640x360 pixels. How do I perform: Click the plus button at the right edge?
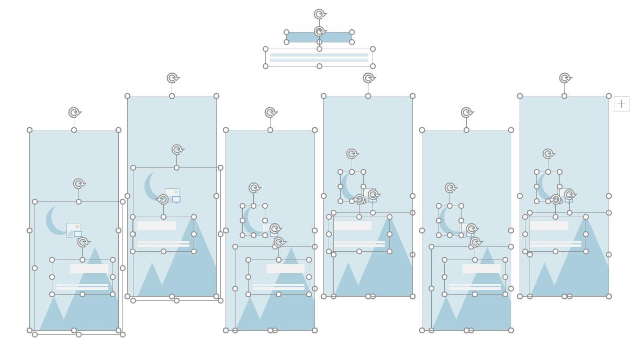(621, 104)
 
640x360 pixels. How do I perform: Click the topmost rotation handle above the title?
(320, 14)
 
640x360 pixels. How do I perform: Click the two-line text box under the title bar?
(319, 58)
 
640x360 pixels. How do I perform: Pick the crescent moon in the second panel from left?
(151, 186)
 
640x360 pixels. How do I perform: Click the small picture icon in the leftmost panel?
(74, 230)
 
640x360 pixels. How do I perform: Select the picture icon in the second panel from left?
(172, 195)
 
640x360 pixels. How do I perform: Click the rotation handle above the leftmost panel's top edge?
(74, 113)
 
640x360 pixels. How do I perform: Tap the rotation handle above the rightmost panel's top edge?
(565, 78)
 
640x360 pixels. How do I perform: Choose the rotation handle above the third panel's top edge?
(271, 113)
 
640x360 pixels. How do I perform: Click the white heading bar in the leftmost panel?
(89, 268)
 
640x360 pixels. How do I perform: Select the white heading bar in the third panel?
(285, 268)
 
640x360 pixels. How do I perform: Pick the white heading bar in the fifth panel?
(481, 268)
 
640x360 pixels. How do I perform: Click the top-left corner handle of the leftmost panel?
(30, 130)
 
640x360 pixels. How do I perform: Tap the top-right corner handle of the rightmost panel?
(609, 96)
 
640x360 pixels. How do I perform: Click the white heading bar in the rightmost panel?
(549, 226)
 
